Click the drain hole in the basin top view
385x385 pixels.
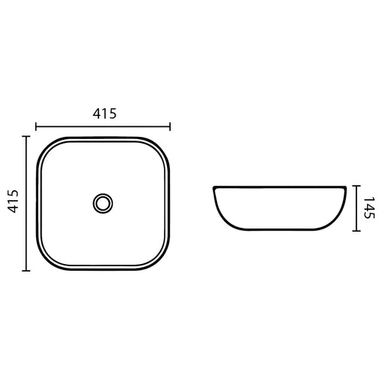click(x=103, y=203)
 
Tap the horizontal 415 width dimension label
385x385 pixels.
click(x=105, y=114)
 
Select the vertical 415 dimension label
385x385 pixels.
click(x=13, y=202)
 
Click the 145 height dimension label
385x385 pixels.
click(x=368, y=208)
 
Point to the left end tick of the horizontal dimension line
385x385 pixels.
click(x=36, y=126)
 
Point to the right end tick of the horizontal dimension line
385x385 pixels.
click(x=170, y=126)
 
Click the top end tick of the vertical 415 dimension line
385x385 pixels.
click(x=26, y=137)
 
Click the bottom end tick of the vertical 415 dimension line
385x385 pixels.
click(x=26, y=271)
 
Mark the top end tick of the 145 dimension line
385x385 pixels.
click(x=356, y=186)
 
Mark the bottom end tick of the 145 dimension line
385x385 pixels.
click(x=356, y=231)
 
